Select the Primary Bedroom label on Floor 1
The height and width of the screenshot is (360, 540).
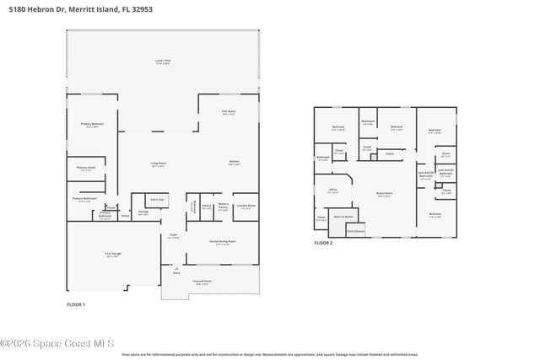coord(92,125)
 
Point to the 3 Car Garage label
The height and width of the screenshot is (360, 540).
coord(111,254)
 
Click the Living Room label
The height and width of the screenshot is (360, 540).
coord(158,164)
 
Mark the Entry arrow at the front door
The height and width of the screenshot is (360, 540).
coord(176,271)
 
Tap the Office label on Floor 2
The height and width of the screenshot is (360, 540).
coord(332,191)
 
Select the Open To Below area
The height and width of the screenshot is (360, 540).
coord(342,217)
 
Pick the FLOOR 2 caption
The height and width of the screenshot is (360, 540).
coord(324,243)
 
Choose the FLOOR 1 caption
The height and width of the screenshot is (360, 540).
coord(76,303)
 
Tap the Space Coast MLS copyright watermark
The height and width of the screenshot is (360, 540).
coord(57,342)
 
